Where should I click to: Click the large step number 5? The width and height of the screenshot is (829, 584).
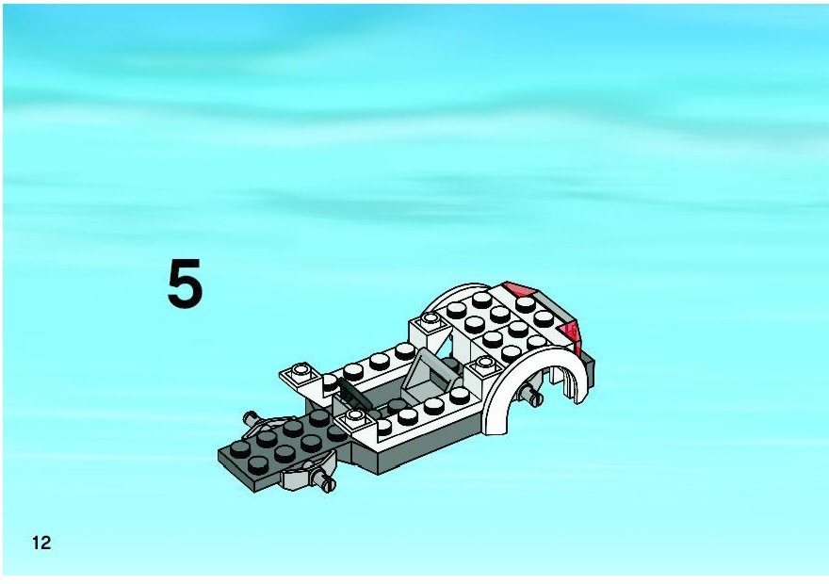click(x=185, y=284)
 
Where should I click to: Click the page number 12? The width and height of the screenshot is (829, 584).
click(x=41, y=543)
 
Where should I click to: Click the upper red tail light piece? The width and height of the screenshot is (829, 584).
click(x=520, y=289)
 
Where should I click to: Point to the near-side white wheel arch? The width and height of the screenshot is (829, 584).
click(x=534, y=385)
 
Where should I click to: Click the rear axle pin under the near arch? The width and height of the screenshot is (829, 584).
click(x=529, y=394)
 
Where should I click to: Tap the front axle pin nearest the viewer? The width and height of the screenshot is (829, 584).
click(x=323, y=480)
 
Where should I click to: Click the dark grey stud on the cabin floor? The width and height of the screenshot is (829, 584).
click(x=397, y=405)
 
